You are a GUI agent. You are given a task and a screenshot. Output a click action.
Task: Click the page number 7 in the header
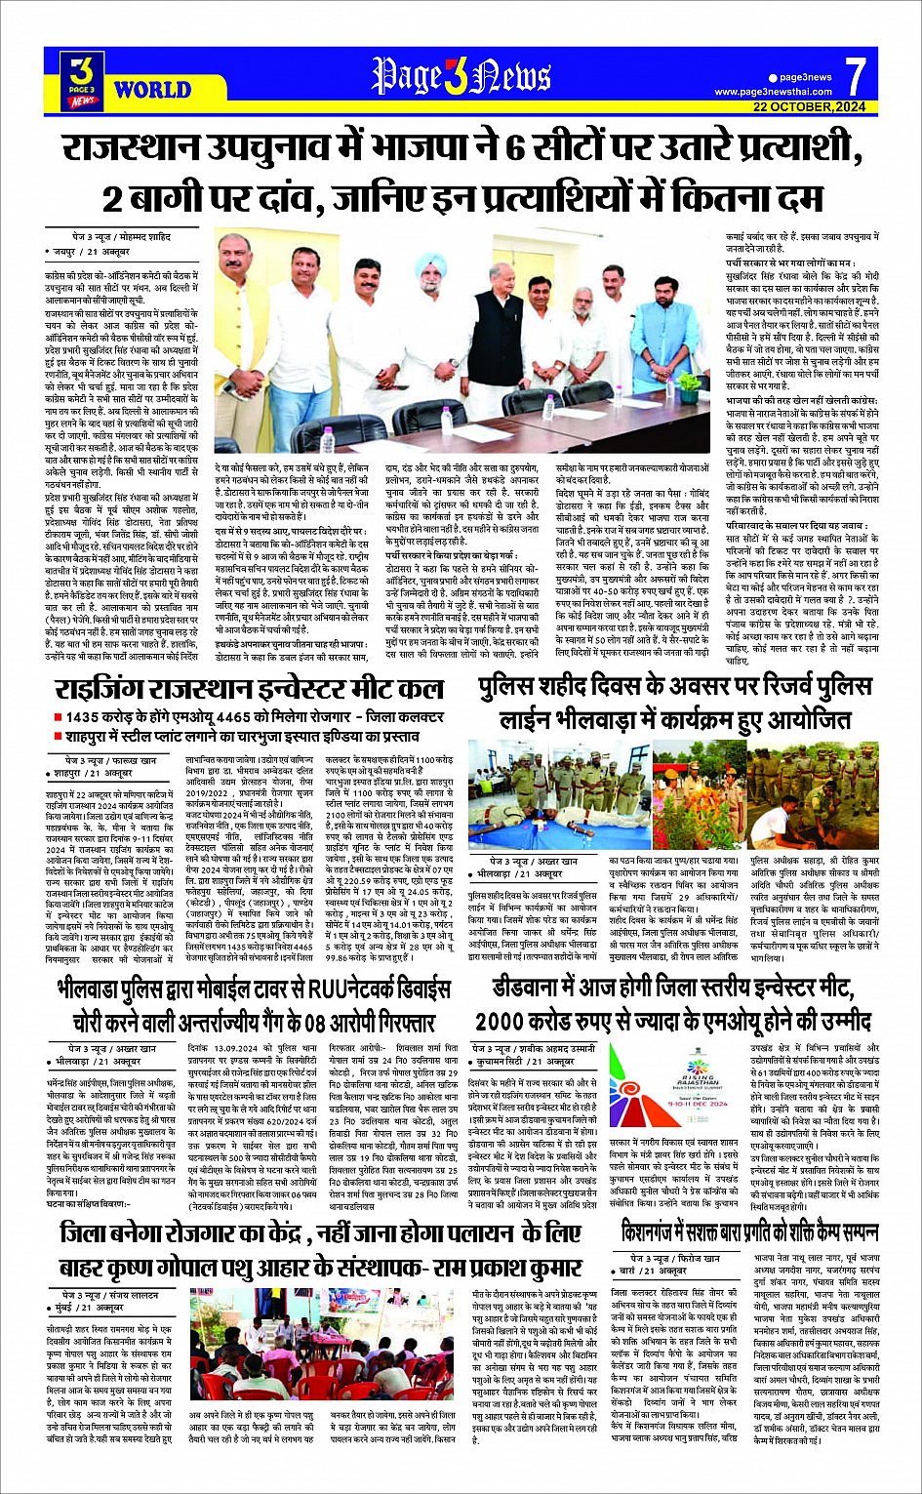(x=855, y=75)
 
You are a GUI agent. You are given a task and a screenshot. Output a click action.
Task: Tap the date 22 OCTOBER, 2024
(x=809, y=107)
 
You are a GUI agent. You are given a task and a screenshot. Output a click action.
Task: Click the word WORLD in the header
(x=152, y=91)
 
